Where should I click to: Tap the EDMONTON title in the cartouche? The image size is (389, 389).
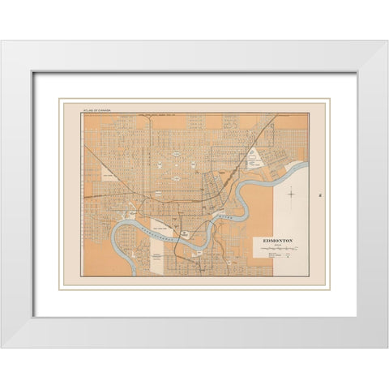pos(278,241)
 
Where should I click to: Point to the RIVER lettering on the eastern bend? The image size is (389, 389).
pos(229,216)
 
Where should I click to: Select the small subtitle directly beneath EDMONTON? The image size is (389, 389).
pos(278,246)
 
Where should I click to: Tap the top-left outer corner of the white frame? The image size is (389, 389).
pos(2,41)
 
